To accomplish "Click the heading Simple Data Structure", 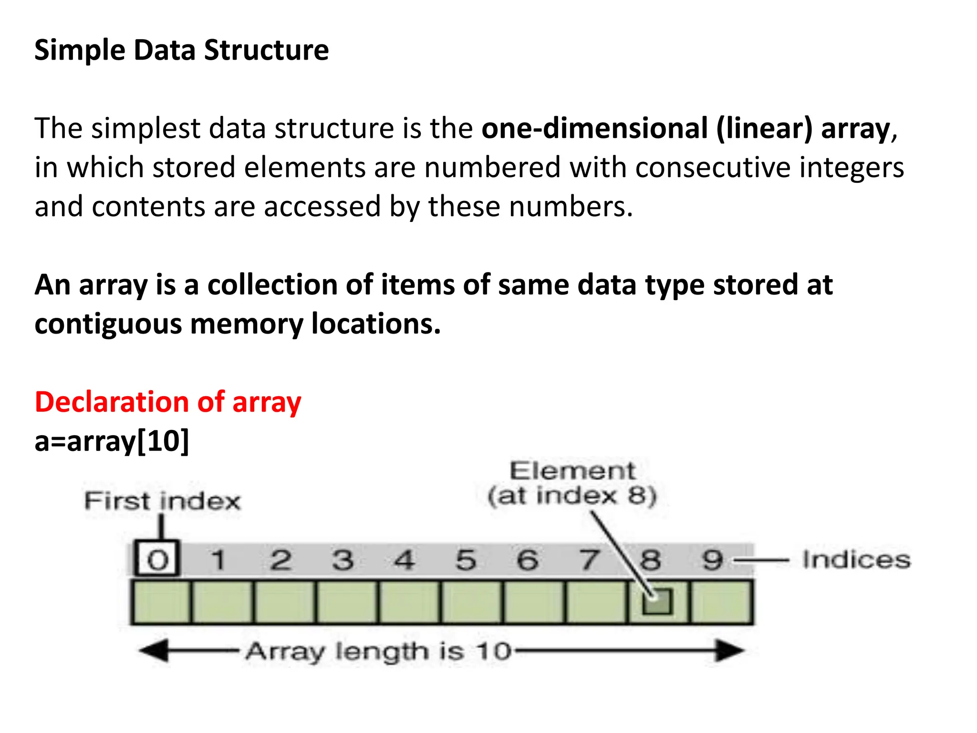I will [x=181, y=50].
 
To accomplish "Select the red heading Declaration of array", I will [x=168, y=402].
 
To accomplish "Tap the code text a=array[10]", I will [x=112, y=441].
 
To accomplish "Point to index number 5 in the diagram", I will [x=466, y=560].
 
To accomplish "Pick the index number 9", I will [x=712, y=560].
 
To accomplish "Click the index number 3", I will [x=343, y=560].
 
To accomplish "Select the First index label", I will [x=162, y=501].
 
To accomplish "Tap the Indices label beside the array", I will [x=856, y=560].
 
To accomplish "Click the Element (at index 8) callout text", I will [x=572, y=483].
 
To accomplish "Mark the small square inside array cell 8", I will [x=657, y=601].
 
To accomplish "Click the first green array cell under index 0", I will [x=162, y=602].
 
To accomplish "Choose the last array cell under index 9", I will [x=722, y=602].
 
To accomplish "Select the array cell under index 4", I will [x=410, y=602].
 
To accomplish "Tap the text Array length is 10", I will [x=378, y=651].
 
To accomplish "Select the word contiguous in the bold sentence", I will [x=108, y=325].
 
